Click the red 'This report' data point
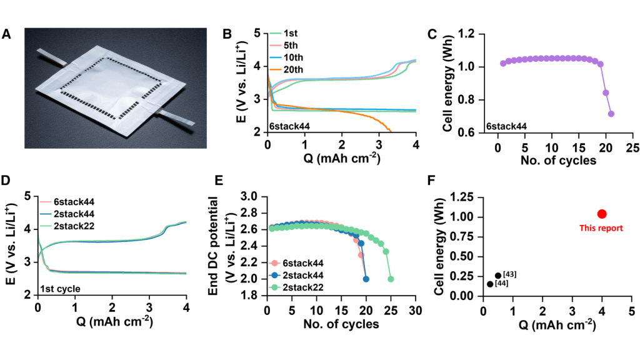point(602,214)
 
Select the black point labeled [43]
point(498,276)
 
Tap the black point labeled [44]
point(490,284)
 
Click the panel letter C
point(432,34)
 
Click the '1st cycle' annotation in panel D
point(59,288)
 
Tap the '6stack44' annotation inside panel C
point(506,127)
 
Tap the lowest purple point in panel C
point(611,114)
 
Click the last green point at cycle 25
point(391,279)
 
